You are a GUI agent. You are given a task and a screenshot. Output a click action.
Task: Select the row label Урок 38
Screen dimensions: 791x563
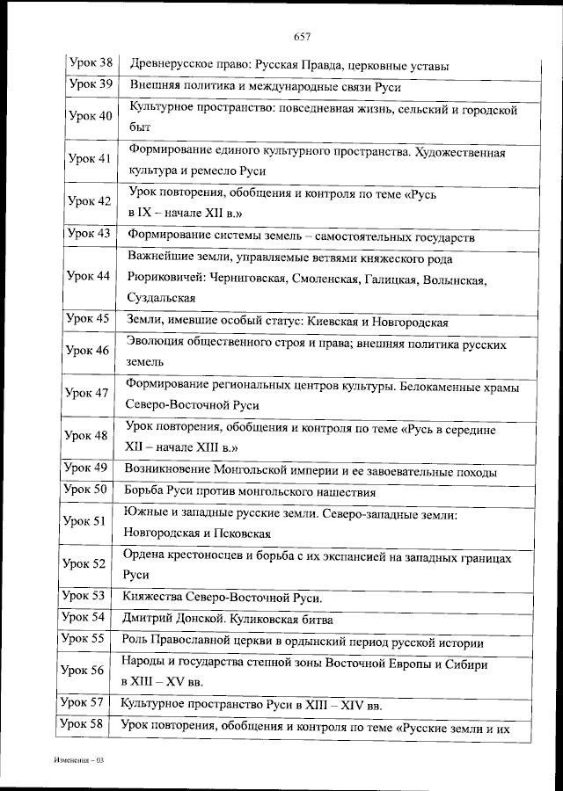[91, 65]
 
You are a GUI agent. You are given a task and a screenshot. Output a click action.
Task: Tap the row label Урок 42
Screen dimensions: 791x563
[91, 201]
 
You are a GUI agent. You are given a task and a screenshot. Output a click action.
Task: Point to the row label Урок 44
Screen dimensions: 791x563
[91, 277]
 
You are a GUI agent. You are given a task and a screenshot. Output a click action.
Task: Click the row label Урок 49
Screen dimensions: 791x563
[88, 468]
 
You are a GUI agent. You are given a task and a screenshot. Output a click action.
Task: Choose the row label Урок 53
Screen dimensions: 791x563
[86, 597]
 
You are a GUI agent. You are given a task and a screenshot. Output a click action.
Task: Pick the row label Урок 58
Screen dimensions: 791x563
[83, 725]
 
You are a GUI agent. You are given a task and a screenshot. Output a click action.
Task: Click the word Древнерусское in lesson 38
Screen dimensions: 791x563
[171, 66]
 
